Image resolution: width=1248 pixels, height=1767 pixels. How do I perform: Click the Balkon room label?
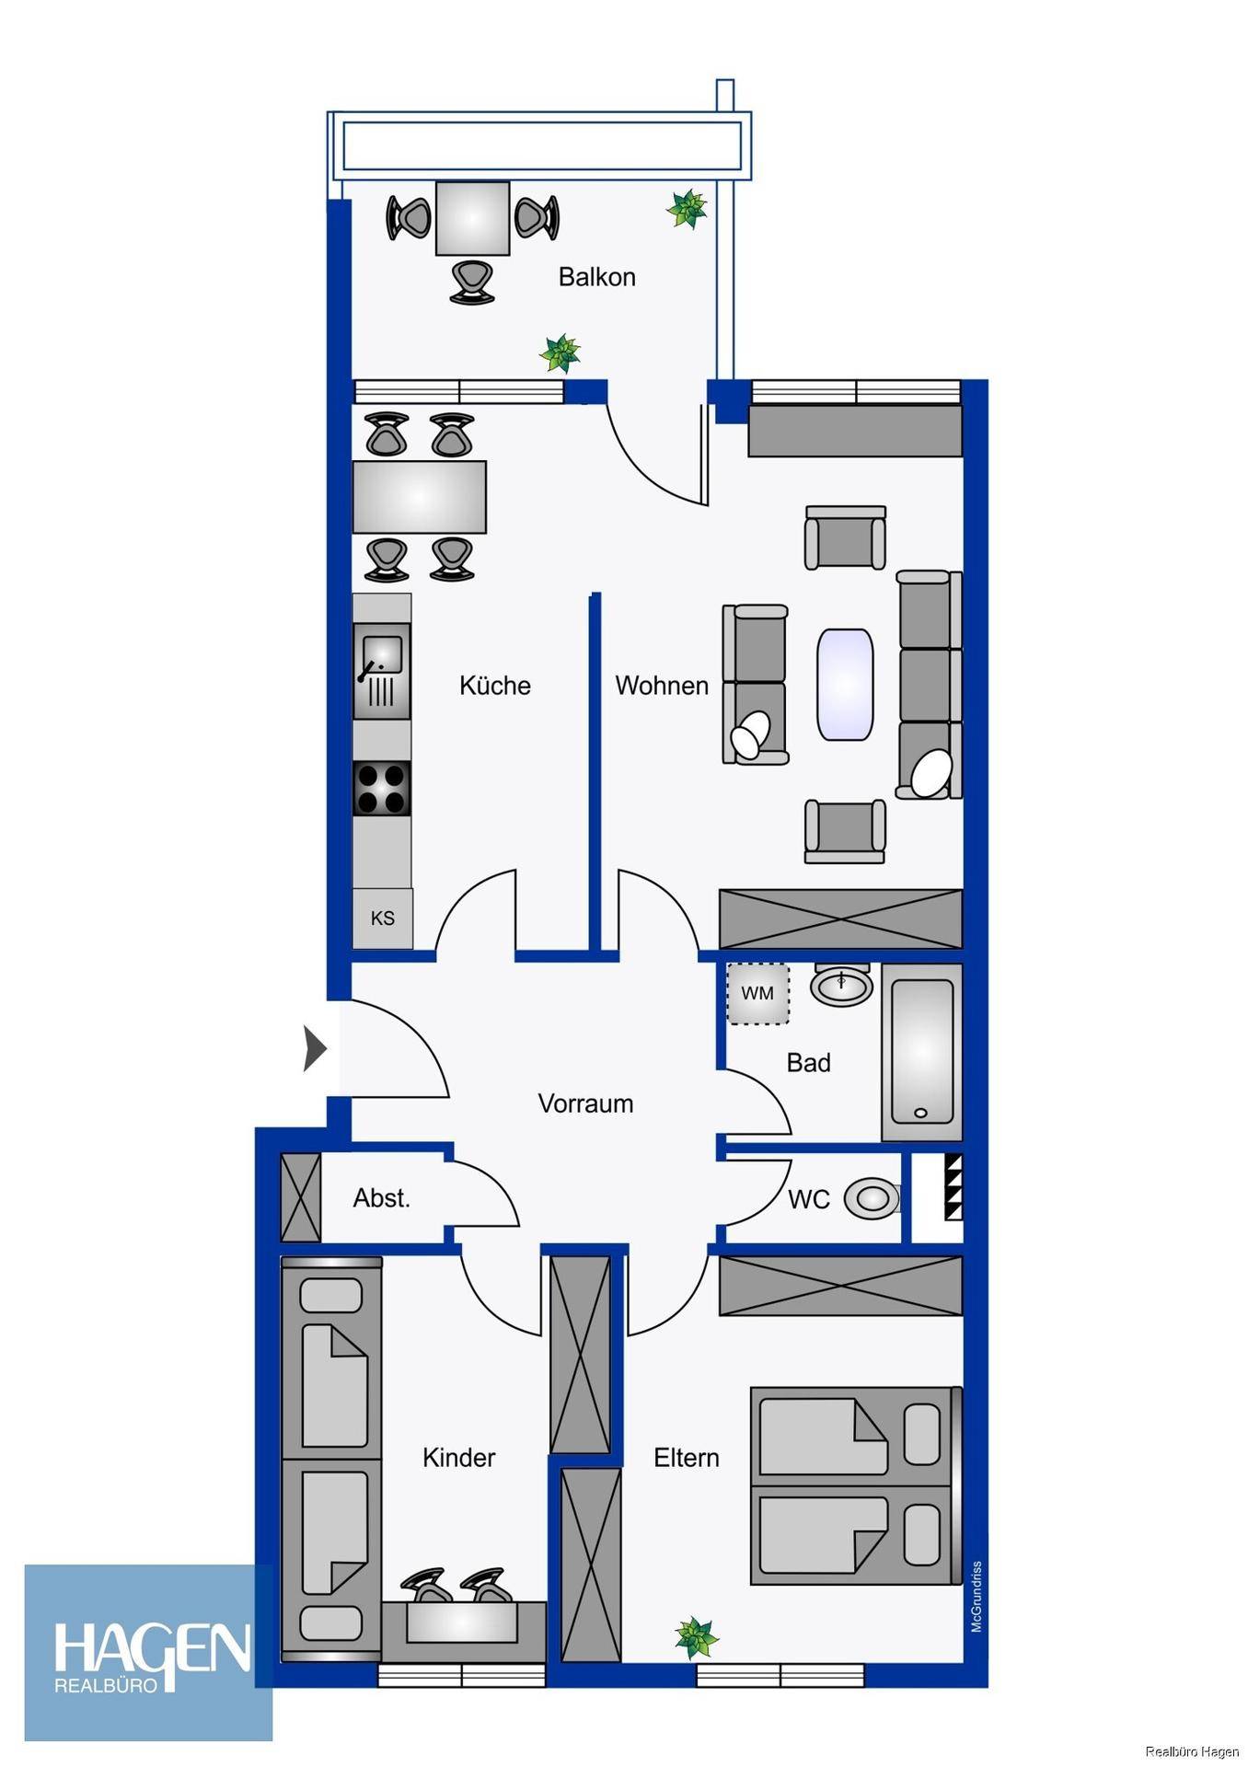pos(596,277)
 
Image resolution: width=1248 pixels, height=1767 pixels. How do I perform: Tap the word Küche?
pos(495,685)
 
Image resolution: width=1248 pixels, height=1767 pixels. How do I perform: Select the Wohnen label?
pos(662,686)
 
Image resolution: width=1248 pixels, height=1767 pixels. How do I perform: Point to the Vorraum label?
pos(585,1103)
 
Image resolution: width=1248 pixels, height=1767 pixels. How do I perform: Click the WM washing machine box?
pos(757,993)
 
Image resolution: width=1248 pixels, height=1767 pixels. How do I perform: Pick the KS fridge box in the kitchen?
pos(383,918)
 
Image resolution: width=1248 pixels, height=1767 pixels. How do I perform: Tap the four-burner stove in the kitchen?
pos(382,789)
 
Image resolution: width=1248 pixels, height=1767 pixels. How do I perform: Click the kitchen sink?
pos(382,671)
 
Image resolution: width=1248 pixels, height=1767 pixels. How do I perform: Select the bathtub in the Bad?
pos(922,1052)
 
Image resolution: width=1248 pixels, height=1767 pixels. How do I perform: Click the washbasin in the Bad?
pos(842,985)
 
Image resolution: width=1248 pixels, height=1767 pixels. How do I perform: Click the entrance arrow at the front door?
pos(315,1048)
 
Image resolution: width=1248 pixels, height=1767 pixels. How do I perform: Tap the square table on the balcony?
pos(472,218)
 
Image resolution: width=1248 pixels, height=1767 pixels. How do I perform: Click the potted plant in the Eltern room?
pos(696,1637)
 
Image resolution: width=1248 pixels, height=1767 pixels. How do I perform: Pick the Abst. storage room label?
pos(382,1198)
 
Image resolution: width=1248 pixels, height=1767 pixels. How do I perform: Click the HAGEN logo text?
pos(153,1647)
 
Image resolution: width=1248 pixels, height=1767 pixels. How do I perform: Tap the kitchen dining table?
pos(420,497)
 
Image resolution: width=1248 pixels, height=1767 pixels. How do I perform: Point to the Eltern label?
pos(687,1458)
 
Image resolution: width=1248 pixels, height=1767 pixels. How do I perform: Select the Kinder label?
pos(458,1458)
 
